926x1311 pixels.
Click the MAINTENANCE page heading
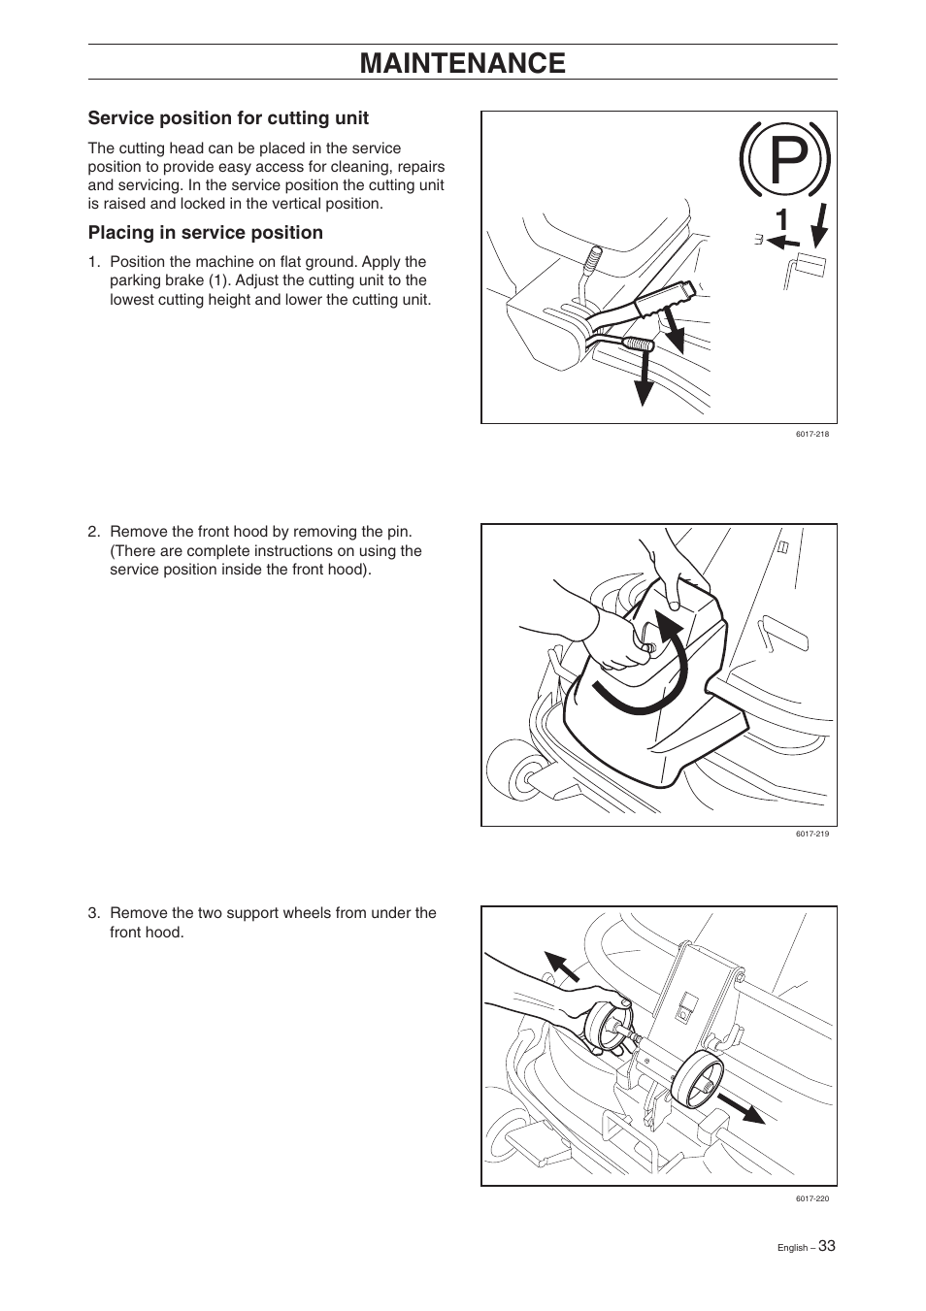pyautogui.click(x=462, y=62)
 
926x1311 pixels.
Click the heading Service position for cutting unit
pyautogui.click(x=228, y=118)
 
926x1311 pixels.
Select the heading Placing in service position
pyautogui.click(x=205, y=233)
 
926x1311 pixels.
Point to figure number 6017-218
pyautogui.click(x=811, y=435)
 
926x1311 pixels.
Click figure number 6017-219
pyautogui.click(x=811, y=835)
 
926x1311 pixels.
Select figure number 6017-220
pyautogui.click(x=811, y=1198)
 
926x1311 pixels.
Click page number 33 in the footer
pyautogui.click(x=826, y=1246)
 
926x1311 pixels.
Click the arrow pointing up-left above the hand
pyautogui.click(x=560, y=967)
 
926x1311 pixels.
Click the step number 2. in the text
pyautogui.click(x=94, y=532)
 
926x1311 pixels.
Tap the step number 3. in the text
pyautogui.click(x=94, y=913)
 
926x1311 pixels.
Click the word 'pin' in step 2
pyautogui.click(x=400, y=532)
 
